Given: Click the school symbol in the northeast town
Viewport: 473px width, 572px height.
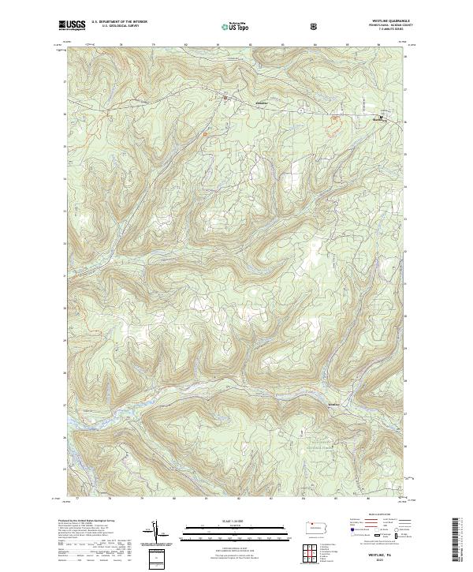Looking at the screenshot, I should (x=381, y=118).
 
